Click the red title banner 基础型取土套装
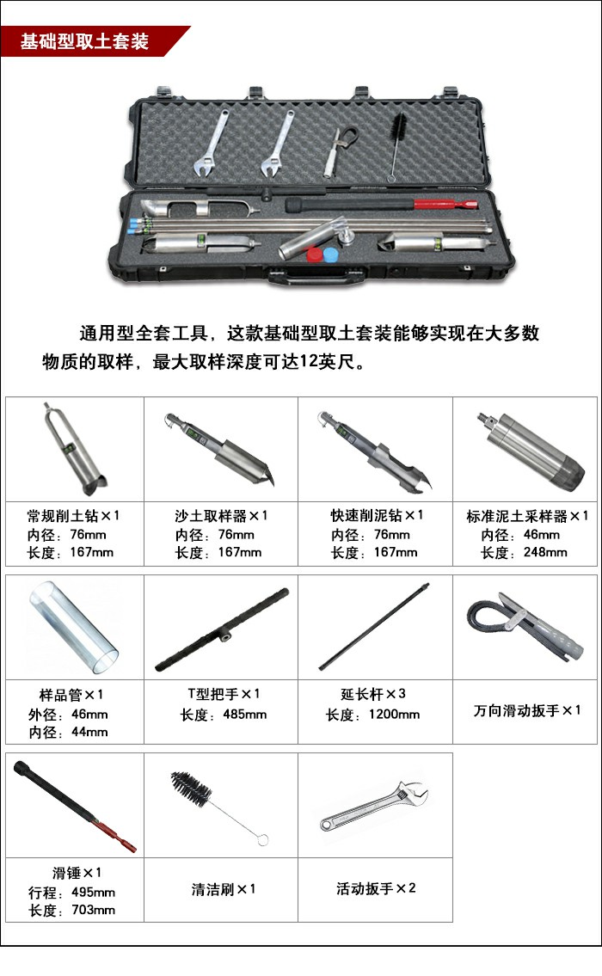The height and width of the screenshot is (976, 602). pyautogui.click(x=86, y=41)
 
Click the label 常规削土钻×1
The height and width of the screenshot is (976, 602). pyautogui.click(x=74, y=516)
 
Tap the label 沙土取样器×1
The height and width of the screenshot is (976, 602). pyautogui.click(x=222, y=516)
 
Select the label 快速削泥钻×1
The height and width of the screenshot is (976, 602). pyautogui.click(x=378, y=516)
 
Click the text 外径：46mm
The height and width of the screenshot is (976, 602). pyautogui.click(x=74, y=714)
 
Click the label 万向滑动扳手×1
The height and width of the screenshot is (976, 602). pyautogui.click(x=527, y=710)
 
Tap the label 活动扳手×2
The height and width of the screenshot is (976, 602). pyautogui.click(x=376, y=888)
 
